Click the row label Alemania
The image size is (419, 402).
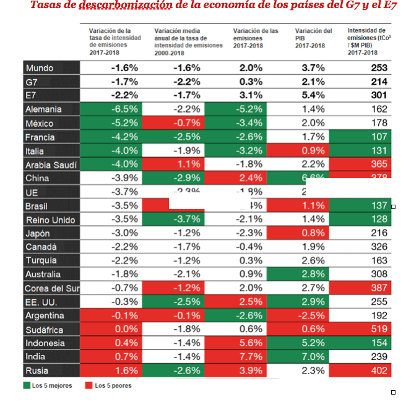coord(43,109)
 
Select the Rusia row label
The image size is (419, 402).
coord(38,370)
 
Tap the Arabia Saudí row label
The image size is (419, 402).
coord(51,165)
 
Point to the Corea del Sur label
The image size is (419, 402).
coord(51,288)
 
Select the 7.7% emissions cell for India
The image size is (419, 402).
coord(251,357)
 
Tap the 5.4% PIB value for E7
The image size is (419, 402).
coord(312,95)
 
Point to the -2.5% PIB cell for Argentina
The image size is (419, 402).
coord(312,315)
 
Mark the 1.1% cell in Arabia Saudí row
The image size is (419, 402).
coord(186,165)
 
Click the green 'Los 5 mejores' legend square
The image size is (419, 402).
coord(27,386)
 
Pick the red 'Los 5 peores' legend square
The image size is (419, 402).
coord(89,386)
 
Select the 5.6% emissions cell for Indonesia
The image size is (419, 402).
coord(251,343)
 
